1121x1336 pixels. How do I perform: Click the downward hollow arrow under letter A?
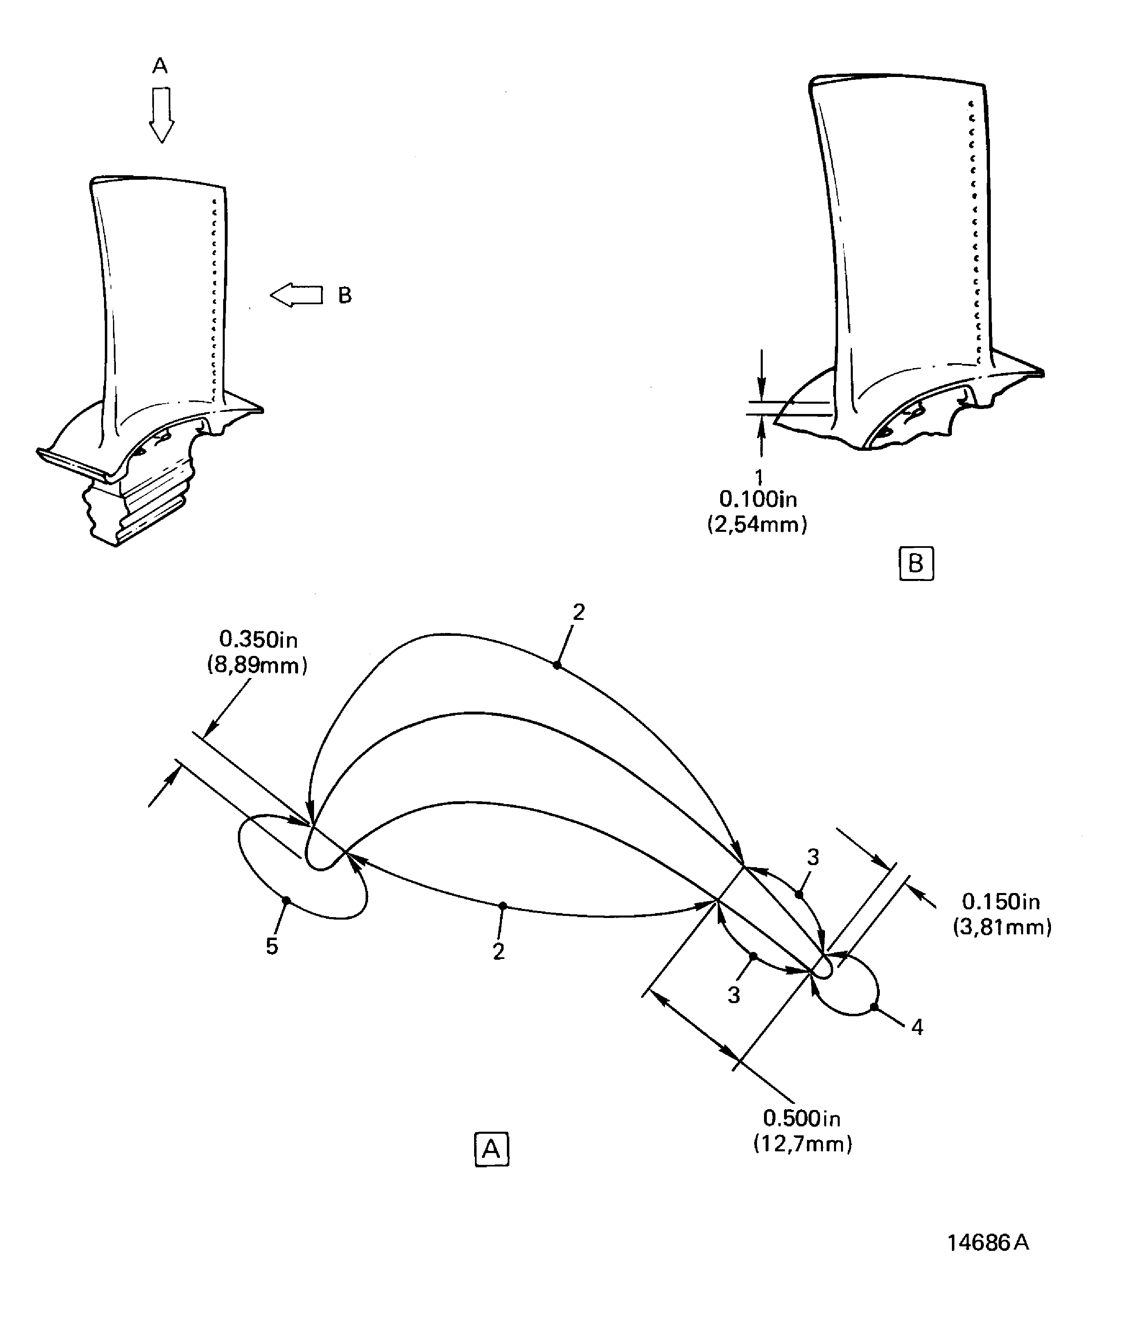162,115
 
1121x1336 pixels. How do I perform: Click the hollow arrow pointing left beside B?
296,295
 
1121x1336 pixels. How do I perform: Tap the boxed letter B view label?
916,564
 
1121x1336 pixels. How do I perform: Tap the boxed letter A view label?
492,1149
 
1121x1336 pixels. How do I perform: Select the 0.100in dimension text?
758,500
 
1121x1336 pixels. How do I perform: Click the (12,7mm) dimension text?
803,1144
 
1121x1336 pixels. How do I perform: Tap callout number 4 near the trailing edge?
917,1027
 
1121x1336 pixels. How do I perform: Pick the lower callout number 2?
498,952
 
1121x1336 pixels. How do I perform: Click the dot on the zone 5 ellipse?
286,900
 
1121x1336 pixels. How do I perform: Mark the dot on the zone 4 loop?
874,1007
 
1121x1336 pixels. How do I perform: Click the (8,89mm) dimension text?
257,665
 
